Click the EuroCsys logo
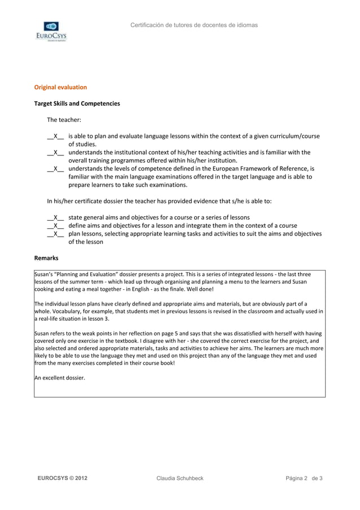point(51,32)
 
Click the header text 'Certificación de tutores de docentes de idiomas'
point(194,25)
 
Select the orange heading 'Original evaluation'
point(60,88)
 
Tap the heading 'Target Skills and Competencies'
point(77,104)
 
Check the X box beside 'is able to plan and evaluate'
point(56,137)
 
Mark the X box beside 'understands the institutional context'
point(56,152)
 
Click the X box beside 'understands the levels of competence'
point(56,169)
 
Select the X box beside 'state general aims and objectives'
point(56,217)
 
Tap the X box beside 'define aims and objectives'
point(56,225)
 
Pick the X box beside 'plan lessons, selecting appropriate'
point(56,234)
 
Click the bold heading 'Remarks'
point(46,258)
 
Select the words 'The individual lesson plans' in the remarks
point(71,304)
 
